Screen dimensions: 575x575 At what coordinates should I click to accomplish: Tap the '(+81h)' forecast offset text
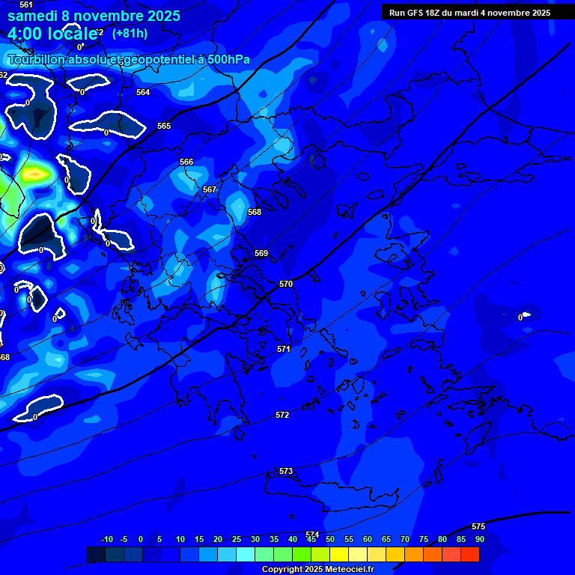pos(130,33)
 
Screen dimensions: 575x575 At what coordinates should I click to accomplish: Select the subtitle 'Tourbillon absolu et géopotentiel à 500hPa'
pos(129,60)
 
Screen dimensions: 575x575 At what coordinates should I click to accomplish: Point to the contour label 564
pos(143,92)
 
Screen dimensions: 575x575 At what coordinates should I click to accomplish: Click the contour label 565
pos(164,126)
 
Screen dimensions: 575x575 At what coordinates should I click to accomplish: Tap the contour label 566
pos(186,162)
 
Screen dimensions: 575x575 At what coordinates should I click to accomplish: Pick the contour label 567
pos(210,189)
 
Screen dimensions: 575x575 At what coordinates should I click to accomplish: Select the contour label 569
pos(261,253)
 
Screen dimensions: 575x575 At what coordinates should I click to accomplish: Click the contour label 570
pos(286,285)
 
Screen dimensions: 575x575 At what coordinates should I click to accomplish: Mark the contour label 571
pos(283,349)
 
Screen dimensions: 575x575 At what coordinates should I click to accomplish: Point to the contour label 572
pos(282,415)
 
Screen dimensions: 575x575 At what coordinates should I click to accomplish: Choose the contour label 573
pos(286,471)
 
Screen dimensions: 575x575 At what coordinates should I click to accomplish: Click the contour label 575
pos(478,526)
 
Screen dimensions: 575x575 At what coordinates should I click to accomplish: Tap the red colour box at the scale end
pos(469,555)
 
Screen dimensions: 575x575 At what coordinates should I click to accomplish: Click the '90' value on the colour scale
pos(479,539)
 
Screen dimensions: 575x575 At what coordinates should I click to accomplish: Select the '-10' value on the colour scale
pos(106,539)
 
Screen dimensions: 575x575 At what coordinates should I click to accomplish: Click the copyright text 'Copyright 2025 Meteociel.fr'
pos(317,569)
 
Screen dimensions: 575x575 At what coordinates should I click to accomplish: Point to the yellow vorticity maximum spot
pos(34,174)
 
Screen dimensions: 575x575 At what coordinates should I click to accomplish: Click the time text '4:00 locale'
pos(53,34)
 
